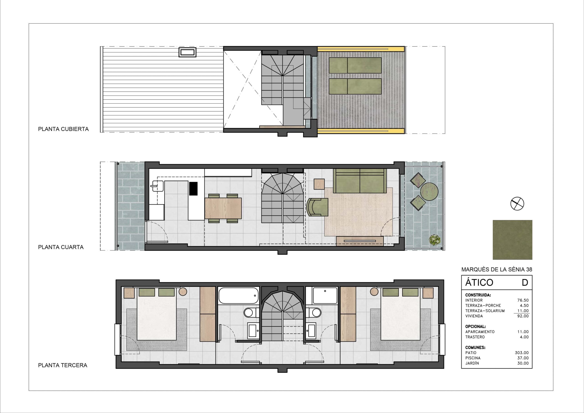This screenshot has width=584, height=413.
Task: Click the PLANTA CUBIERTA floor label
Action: (x=63, y=129)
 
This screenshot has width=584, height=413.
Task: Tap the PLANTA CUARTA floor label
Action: (x=61, y=247)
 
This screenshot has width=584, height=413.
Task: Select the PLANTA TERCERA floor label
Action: (x=63, y=365)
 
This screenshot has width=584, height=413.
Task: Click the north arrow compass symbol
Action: (x=517, y=204)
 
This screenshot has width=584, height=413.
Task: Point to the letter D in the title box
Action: (x=525, y=282)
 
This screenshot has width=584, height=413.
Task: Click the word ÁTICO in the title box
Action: (x=479, y=282)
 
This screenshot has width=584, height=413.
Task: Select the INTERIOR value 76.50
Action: (x=523, y=300)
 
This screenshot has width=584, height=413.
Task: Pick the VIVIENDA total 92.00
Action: (x=523, y=316)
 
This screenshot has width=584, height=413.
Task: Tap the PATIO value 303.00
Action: (x=522, y=353)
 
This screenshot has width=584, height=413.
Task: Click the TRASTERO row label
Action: (x=475, y=337)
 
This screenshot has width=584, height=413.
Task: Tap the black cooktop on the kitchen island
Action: (x=193, y=189)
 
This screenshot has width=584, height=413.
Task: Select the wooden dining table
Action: (x=223, y=208)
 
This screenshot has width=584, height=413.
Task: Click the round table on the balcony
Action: (x=429, y=192)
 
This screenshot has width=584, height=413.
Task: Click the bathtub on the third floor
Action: (x=239, y=295)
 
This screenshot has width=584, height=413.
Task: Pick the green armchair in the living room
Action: (x=317, y=207)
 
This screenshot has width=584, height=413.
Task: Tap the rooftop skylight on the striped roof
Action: (x=188, y=53)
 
